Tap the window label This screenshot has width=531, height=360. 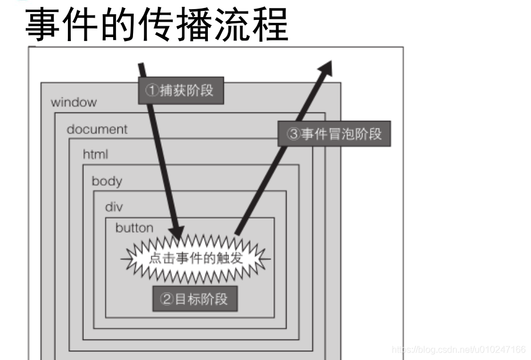click(x=74, y=103)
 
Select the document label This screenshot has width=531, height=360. click(x=96, y=129)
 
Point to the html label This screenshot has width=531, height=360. click(x=95, y=155)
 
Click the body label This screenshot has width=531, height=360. click(x=107, y=181)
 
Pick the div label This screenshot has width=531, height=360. click(x=114, y=207)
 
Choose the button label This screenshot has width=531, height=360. click(x=134, y=228)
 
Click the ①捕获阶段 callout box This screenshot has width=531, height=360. click(x=181, y=91)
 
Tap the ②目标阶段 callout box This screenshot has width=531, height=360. click(x=195, y=299)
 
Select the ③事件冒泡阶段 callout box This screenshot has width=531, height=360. click(x=334, y=134)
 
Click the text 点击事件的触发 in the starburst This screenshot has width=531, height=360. click(x=196, y=258)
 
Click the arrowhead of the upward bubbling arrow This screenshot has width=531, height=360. click(x=326, y=67)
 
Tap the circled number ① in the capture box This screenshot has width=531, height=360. click(x=151, y=91)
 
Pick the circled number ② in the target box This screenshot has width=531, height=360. click(x=167, y=299)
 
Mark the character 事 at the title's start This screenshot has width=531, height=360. click(x=43, y=24)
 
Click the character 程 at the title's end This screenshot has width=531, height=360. click(x=269, y=24)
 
